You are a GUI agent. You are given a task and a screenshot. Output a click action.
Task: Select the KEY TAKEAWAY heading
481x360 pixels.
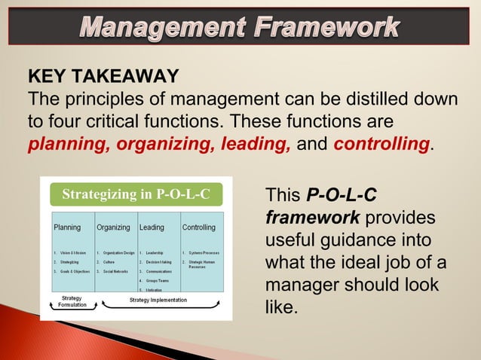tap(103, 77)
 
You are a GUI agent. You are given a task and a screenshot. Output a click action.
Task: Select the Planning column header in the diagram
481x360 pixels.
tap(67, 227)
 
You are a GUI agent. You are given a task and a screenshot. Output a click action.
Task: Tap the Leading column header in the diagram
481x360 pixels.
tap(152, 227)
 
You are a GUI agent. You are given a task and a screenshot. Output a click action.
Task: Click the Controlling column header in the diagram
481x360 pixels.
tap(199, 227)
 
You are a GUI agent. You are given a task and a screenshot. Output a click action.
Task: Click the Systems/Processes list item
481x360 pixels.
tap(201, 252)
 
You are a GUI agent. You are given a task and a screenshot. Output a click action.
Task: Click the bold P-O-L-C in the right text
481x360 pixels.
tap(342, 197)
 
